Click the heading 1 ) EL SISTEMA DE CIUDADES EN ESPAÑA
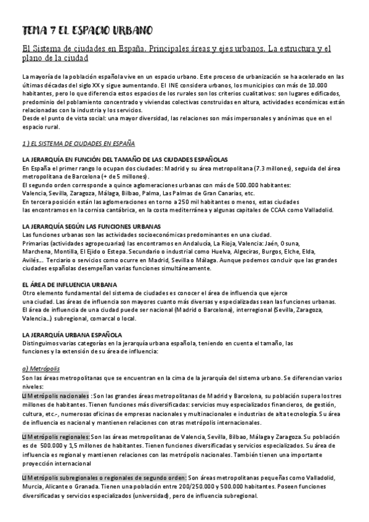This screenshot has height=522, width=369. (x=78, y=143)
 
